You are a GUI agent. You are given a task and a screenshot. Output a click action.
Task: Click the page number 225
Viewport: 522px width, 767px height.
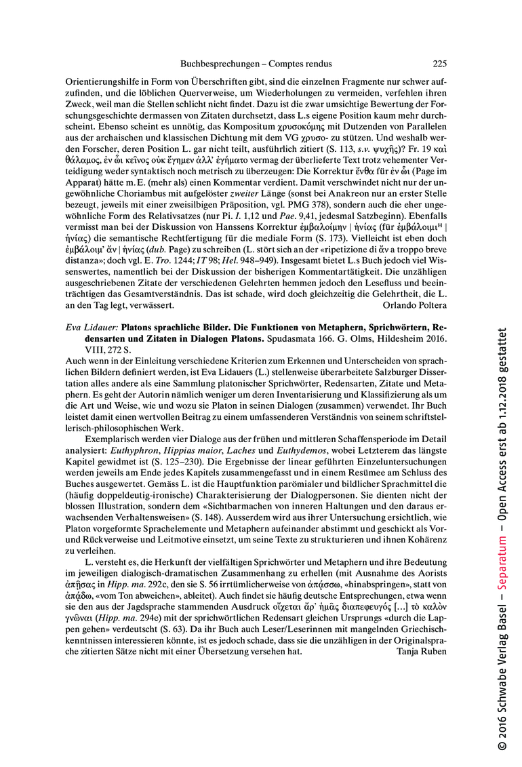click(439, 64)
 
